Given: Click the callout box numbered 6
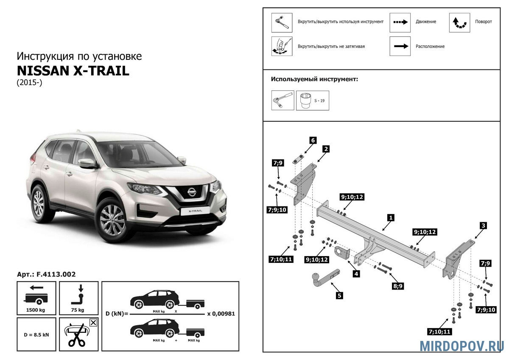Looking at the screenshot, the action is (313, 140).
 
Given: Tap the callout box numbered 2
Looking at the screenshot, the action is (326, 149).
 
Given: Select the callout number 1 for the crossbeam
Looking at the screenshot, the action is (391, 218).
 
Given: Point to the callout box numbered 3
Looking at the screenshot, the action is (483, 226).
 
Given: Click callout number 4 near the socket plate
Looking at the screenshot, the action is (356, 274).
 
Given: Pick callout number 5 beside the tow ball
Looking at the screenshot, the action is (339, 296).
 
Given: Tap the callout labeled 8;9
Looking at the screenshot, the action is (398, 286).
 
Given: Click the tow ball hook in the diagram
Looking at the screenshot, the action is (326, 279).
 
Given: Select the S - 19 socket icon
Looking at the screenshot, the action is (313, 100).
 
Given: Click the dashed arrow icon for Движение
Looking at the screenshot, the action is (400, 22).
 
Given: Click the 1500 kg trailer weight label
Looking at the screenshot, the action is (36, 310).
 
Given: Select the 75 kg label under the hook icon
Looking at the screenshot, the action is (78, 310).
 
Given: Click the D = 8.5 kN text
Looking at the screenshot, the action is (36, 335).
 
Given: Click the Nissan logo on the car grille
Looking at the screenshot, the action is (192, 192).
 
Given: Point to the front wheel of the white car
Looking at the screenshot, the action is (112, 220).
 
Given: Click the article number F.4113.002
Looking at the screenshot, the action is (56, 274).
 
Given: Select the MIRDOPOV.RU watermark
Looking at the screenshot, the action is (461, 346).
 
